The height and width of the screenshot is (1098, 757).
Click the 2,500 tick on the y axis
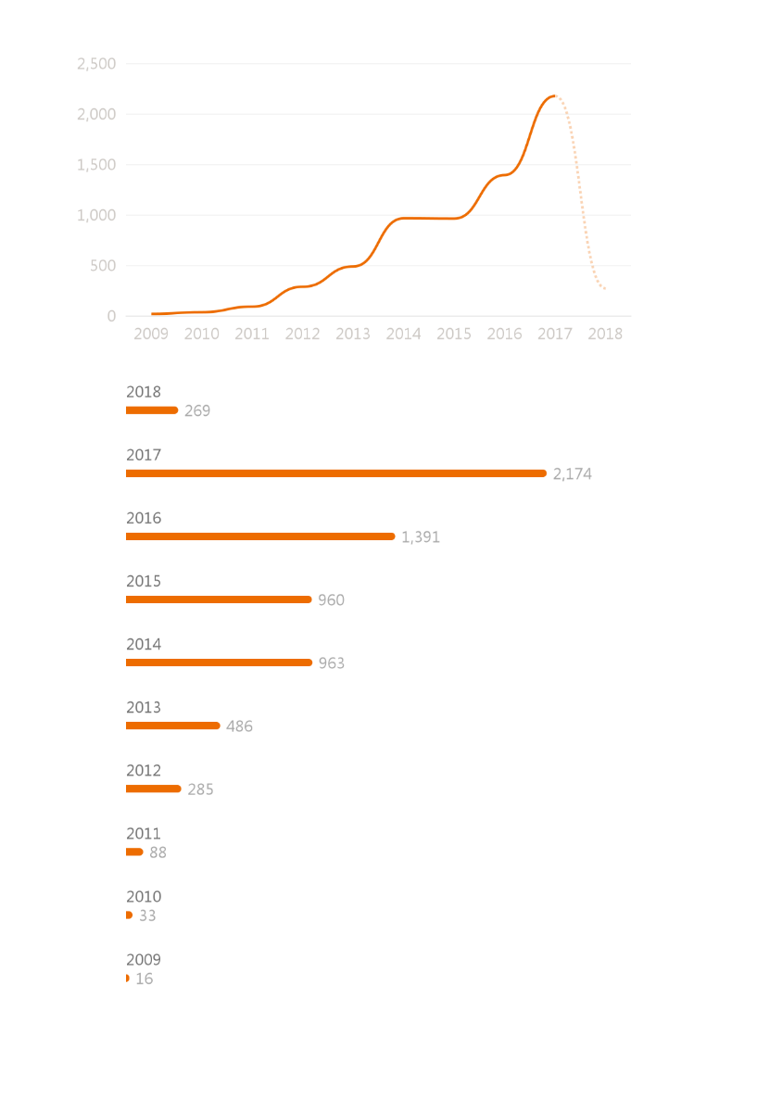click(x=96, y=64)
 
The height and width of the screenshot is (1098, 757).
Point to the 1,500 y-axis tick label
click(x=96, y=165)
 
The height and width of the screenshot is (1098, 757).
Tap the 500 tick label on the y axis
click(x=103, y=266)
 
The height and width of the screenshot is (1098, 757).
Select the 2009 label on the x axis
click(x=151, y=334)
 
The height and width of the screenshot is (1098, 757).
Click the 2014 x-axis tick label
click(x=403, y=334)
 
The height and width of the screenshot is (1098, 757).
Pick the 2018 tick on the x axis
click(x=605, y=334)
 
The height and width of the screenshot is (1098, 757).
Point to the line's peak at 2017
click(x=553, y=95)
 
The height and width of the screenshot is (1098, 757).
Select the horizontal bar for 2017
click(x=335, y=473)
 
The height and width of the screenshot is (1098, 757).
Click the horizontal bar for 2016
click(x=260, y=536)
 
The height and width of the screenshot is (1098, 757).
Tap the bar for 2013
click(x=172, y=726)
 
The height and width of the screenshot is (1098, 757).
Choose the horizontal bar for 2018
click(x=151, y=410)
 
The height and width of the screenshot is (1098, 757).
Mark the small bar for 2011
click(x=134, y=852)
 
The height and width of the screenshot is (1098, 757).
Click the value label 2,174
click(x=573, y=474)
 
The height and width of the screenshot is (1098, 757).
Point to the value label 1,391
click(x=421, y=537)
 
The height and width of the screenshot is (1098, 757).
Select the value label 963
click(x=331, y=663)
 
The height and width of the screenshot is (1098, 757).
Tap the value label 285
click(x=200, y=789)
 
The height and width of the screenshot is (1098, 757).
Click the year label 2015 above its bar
click(x=144, y=582)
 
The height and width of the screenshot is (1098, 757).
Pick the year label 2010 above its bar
click(x=144, y=897)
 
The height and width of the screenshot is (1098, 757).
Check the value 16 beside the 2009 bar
click(x=145, y=978)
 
